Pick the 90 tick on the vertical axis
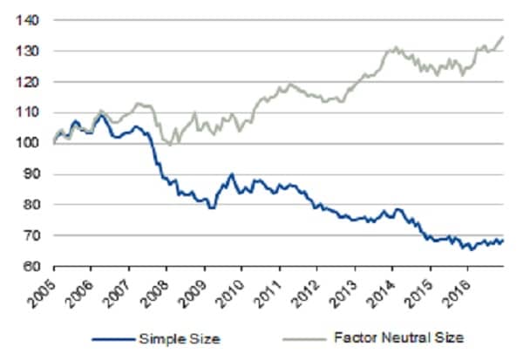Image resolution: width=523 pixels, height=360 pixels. [33, 173]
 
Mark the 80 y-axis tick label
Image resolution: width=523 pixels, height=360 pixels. [33, 205]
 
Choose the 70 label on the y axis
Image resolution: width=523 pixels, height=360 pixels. [33, 235]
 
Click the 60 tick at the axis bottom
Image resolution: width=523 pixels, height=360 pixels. [33, 266]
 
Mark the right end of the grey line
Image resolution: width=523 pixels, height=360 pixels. [504, 37]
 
